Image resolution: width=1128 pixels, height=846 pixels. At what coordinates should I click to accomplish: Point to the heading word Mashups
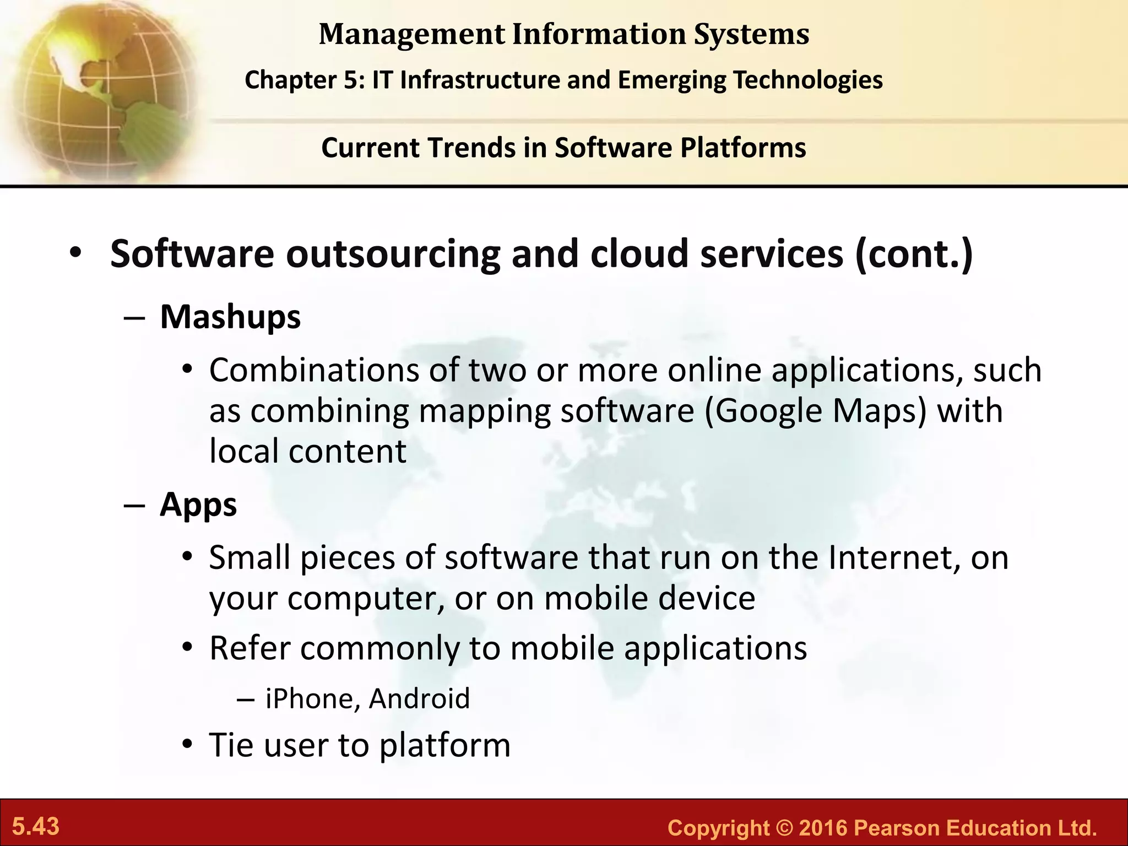(230, 317)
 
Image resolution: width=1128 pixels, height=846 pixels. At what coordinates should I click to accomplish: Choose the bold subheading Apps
(198, 505)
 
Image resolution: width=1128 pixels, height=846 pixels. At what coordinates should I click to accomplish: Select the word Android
(420, 698)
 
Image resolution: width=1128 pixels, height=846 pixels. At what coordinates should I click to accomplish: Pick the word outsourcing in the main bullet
(393, 254)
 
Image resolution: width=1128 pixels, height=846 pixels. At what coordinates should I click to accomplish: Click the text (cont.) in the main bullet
(914, 254)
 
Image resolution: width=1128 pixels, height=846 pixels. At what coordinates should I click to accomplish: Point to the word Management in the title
(411, 34)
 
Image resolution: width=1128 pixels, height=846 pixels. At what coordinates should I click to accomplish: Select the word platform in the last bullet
(445, 745)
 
